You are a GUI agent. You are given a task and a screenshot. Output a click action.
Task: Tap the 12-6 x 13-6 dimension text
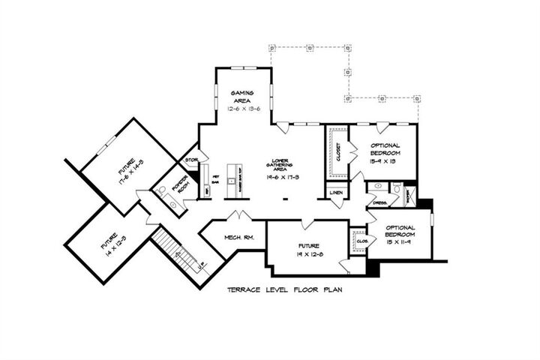(243, 109)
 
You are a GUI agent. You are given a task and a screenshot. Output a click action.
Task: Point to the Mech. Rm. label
(241, 238)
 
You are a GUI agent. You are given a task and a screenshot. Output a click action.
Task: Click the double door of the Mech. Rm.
(239, 217)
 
